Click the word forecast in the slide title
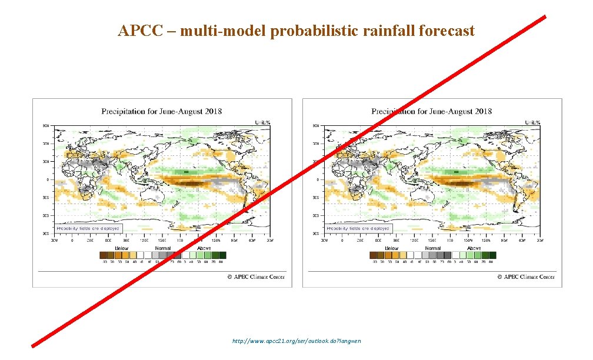[x=447, y=31]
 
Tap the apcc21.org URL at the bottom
[x=296, y=341]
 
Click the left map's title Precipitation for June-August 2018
[x=162, y=111]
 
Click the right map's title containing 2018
[x=432, y=111]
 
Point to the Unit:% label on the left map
[x=262, y=122]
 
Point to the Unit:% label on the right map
[x=532, y=122]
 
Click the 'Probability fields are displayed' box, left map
[x=88, y=228]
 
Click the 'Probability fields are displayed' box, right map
[x=358, y=228]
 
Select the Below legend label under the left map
[x=121, y=248]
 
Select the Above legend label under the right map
[x=474, y=248]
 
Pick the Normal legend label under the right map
[x=433, y=248]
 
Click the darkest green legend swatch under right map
[x=493, y=255]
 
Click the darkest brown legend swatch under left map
[x=104, y=255]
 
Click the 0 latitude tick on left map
[x=48, y=179]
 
